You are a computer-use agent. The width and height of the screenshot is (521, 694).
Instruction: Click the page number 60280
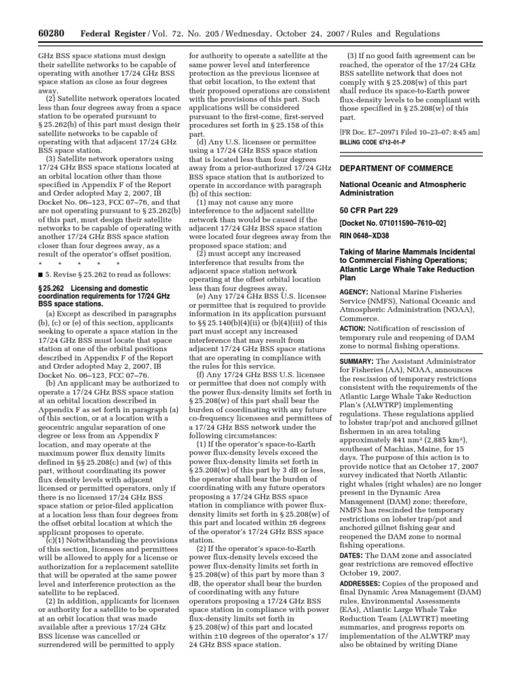30,34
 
